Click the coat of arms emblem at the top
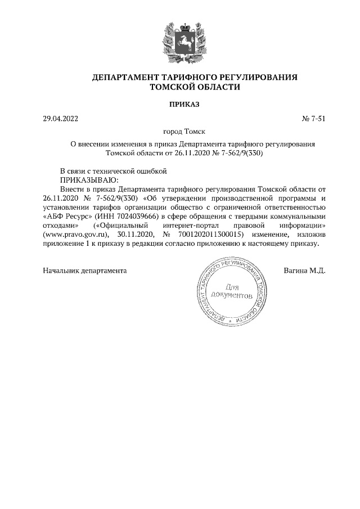pos(179,42)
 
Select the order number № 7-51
pos(314,119)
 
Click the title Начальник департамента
pos(85,271)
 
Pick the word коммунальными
pos(297,216)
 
